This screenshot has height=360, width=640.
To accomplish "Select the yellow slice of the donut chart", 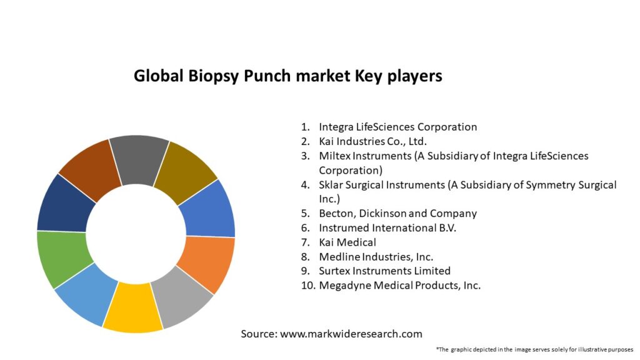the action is pyautogui.click(x=132, y=308).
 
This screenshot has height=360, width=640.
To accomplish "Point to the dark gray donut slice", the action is pyautogui.click(x=139, y=159).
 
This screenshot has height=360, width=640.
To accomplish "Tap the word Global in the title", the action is pyautogui.click(x=158, y=76).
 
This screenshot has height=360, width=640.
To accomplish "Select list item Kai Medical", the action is pyautogui.click(x=347, y=242).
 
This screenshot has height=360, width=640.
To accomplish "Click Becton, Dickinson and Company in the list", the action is pyautogui.click(x=398, y=214).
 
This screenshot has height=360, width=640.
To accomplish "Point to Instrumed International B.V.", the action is pyautogui.click(x=387, y=227).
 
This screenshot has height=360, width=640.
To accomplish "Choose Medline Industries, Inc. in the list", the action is pyautogui.click(x=376, y=257).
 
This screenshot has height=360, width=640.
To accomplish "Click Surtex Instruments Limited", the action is pyautogui.click(x=384, y=271).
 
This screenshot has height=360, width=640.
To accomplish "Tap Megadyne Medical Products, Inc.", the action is pyautogui.click(x=399, y=285).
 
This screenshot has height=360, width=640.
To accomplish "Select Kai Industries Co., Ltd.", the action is pyautogui.click(x=372, y=142).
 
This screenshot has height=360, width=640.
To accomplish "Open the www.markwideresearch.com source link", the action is pyautogui.click(x=351, y=334).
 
